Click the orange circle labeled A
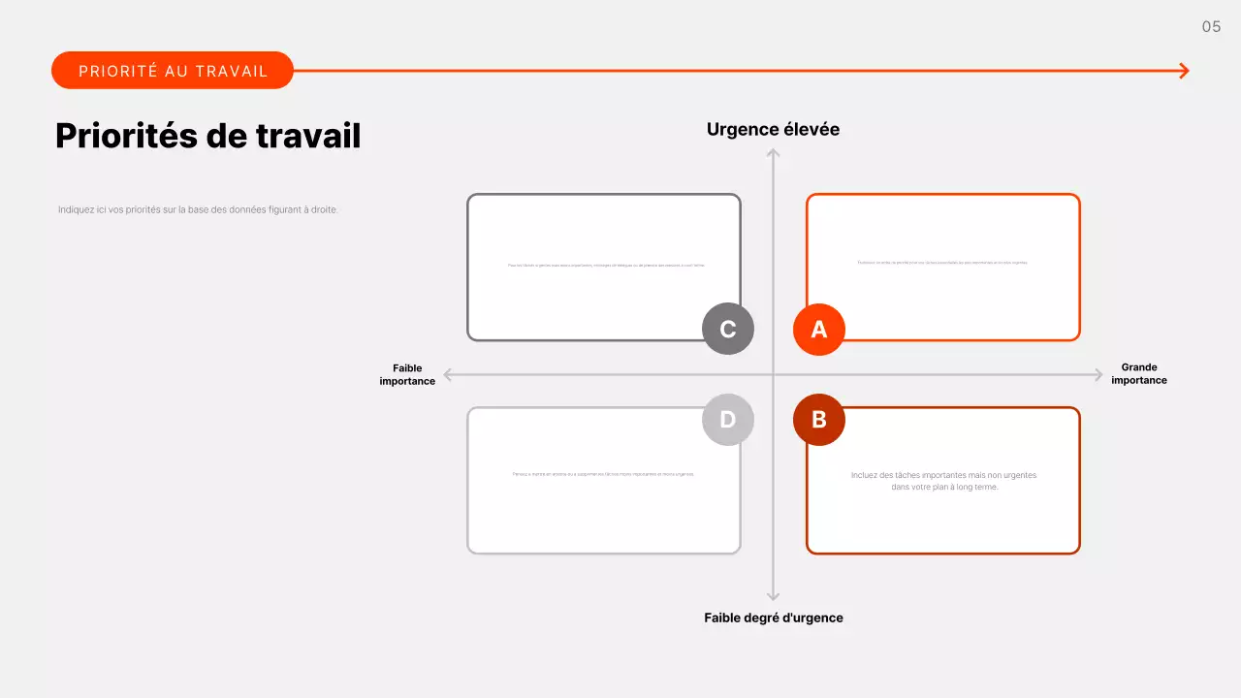click(819, 330)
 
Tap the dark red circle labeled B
click(819, 420)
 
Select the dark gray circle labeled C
click(728, 330)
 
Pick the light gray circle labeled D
click(728, 420)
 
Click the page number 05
click(1211, 27)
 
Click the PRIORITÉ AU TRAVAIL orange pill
click(173, 71)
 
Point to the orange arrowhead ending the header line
click(1184, 71)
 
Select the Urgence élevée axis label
click(773, 130)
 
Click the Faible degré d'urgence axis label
click(773, 618)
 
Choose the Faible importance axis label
click(407, 374)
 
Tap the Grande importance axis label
click(1139, 374)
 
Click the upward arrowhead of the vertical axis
click(773, 153)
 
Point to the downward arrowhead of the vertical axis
click(773, 596)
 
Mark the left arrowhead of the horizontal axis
click(448, 374)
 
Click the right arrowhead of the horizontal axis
click(1098, 374)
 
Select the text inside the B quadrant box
click(943, 481)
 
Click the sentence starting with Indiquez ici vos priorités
click(198, 209)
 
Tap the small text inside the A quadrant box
click(942, 263)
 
